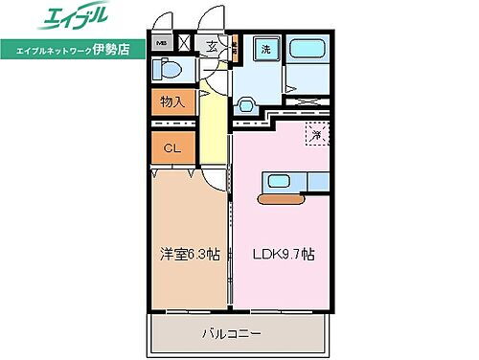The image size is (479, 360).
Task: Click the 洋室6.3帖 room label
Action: pos(189,255)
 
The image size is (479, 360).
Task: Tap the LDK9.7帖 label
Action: pos(285,255)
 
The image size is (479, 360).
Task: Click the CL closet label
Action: pos(171,147)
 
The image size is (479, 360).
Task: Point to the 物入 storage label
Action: pos(172,101)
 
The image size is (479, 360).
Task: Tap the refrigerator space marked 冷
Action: pos(315,135)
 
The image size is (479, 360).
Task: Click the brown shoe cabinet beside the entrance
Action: pos(234,49)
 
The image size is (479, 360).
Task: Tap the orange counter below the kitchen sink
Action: pos(283,199)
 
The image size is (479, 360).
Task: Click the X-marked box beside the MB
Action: pos(184,42)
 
